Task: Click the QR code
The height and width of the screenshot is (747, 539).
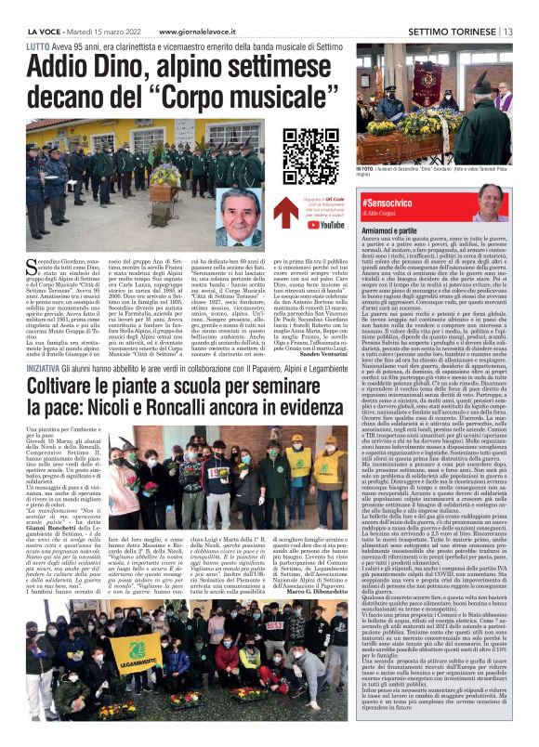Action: point(310,151)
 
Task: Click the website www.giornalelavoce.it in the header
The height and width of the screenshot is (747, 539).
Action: point(136,31)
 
